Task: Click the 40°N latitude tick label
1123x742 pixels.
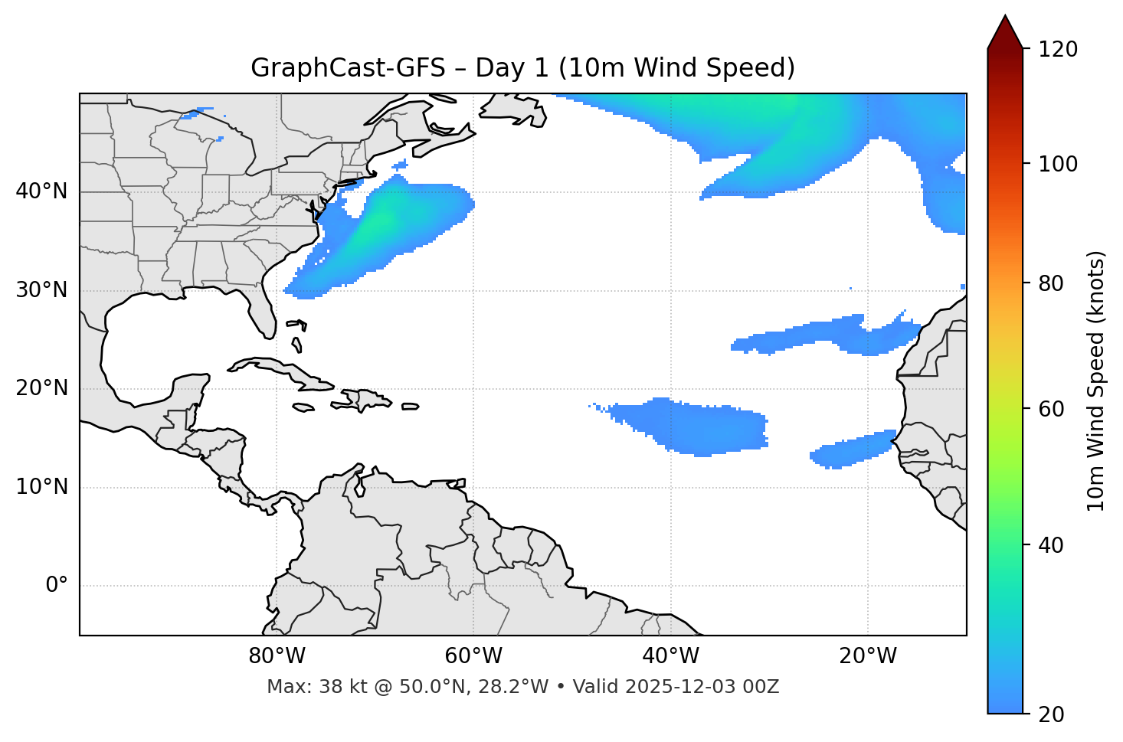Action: click(41, 191)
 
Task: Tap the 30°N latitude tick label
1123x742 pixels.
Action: click(41, 290)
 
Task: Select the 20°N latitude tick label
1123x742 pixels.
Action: click(41, 388)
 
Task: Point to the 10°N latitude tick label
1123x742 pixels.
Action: click(41, 487)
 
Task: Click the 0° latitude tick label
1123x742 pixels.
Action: click(56, 586)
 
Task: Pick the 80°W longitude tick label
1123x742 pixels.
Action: click(277, 656)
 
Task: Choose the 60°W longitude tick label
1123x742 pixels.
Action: click(473, 656)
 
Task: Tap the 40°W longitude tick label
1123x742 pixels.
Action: click(670, 656)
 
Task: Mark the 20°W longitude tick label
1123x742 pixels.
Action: click(868, 656)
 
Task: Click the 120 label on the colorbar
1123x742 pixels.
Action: click(1057, 49)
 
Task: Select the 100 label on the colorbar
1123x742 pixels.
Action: click(1057, 164)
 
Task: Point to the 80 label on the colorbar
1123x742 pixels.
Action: click(1052, 283)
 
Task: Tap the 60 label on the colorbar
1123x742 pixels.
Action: click(1052, 409)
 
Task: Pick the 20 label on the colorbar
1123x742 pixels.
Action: click(1052, 714)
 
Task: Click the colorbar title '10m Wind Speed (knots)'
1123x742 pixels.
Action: click(1096, 381)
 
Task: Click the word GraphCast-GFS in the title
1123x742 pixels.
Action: click(348, 68)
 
